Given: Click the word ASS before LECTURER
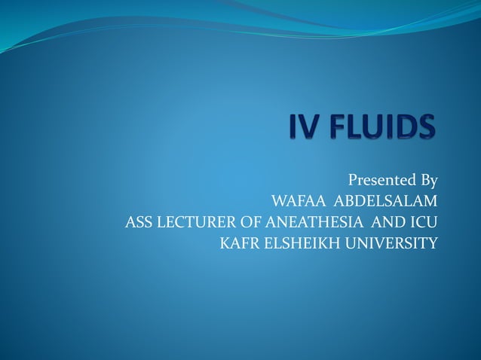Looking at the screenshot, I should pos(139,223).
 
